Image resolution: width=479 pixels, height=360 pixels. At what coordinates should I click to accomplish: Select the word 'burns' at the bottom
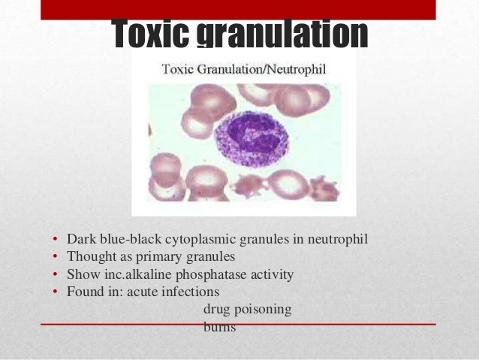219,327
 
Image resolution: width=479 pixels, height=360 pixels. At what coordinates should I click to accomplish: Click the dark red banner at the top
239,9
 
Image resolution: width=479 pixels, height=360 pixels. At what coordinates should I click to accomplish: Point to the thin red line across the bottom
239,324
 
